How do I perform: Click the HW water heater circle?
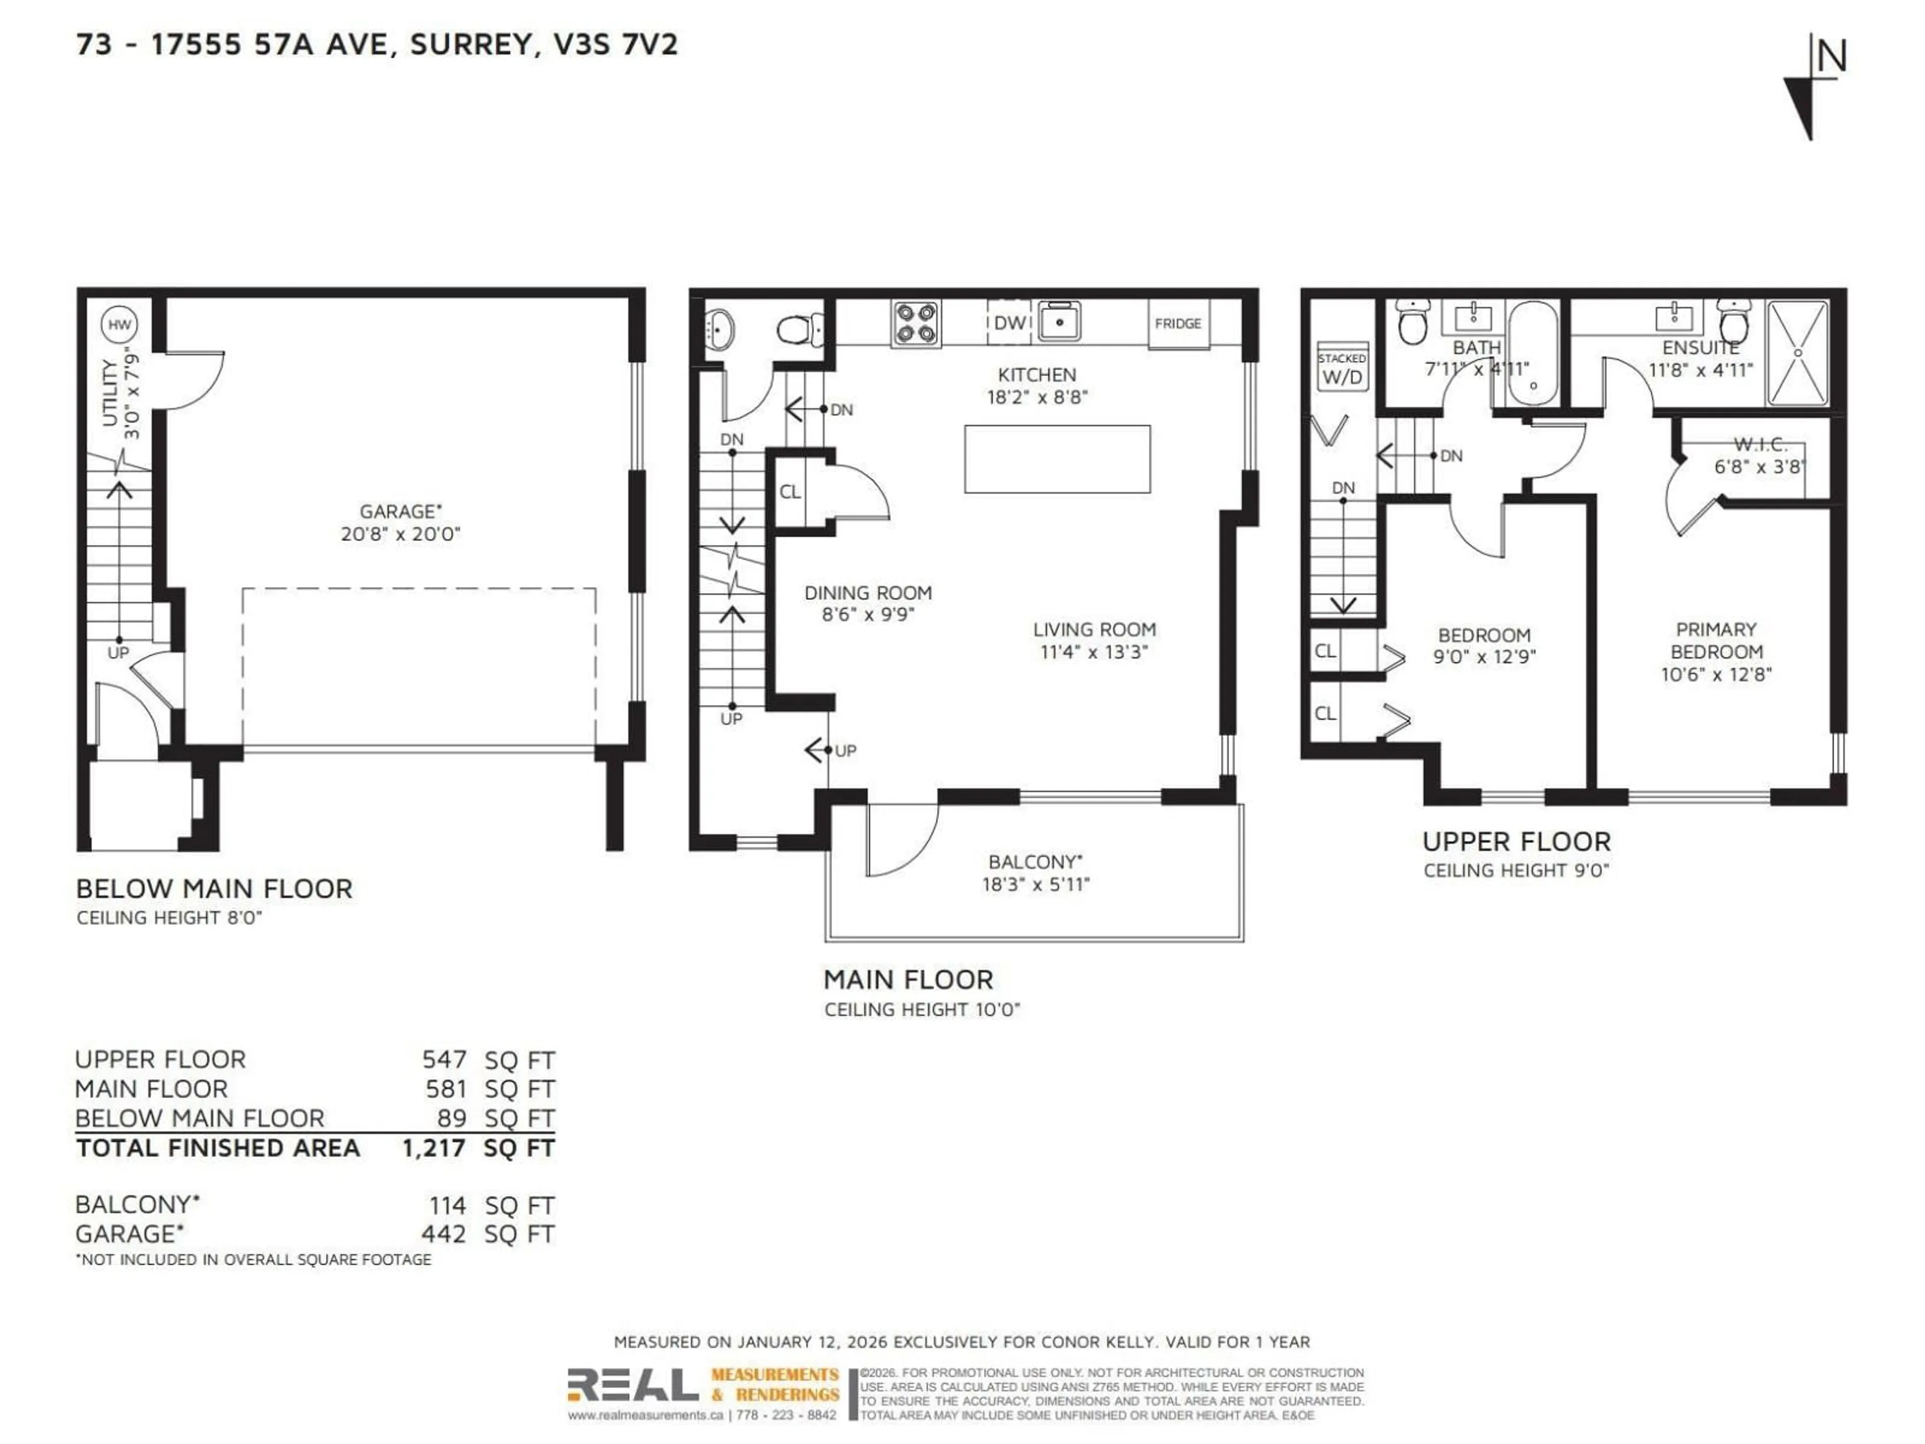point(119,325)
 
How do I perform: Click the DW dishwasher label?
point(1010,323)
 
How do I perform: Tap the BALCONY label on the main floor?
point(1035,862)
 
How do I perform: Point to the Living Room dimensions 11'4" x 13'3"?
point(1094,652)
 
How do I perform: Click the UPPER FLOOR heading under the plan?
point(1516,842)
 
